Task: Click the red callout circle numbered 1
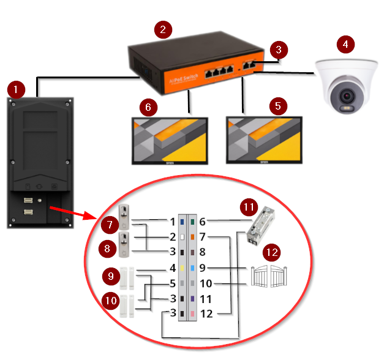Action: click(16, 89)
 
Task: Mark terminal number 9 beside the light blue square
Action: click(203, 268)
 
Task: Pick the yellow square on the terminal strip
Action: click(182, 268)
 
